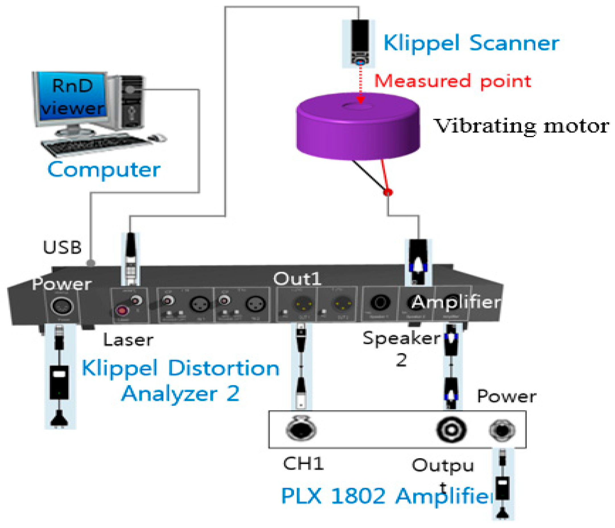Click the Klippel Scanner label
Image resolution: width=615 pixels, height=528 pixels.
471,43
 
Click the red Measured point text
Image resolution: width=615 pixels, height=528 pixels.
452,81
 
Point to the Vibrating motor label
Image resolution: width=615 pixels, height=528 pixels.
521,126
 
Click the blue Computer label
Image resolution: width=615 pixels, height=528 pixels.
104,170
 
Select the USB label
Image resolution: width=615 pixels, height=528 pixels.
62,247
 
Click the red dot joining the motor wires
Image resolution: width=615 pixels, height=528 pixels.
388,192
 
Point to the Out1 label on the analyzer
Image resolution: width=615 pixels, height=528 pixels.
297,279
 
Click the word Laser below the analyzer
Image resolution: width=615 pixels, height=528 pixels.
128,340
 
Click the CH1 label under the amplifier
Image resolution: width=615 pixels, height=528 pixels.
303,464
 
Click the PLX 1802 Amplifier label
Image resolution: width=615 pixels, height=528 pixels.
386,496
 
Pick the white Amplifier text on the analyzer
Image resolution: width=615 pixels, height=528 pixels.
456,302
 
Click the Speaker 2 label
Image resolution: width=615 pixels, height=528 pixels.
401,348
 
